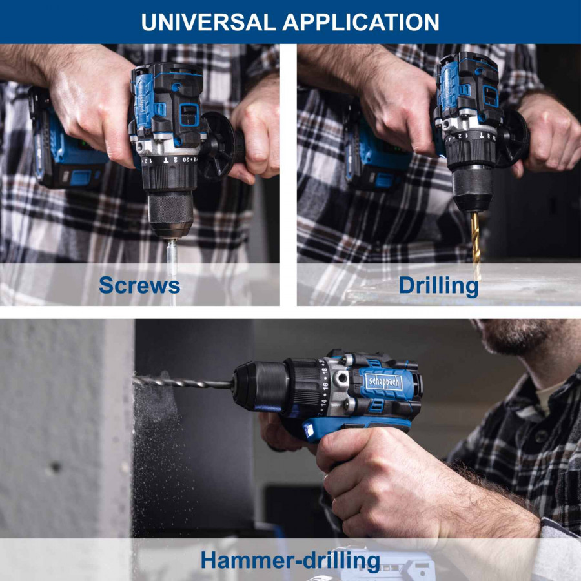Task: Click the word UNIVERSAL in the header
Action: coord(209,22)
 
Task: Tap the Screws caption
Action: coord(139,285)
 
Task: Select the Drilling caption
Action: coord(438,286)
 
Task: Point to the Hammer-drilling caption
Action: coord(290,560)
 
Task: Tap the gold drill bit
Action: coord(475,245)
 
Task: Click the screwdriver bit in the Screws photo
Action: coord(172,257)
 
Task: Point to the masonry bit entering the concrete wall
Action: coord(183,383)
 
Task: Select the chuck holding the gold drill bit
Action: coord(473,189)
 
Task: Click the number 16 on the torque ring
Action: coord(325,387)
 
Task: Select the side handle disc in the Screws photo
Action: coord(218,146)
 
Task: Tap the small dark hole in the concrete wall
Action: coord(56,467)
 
